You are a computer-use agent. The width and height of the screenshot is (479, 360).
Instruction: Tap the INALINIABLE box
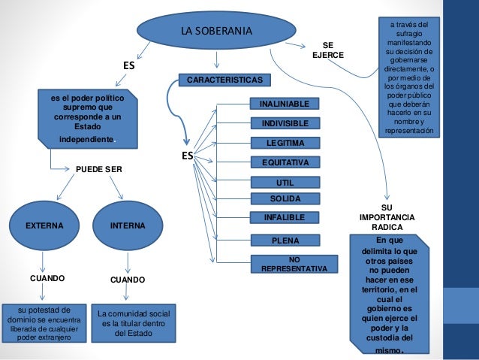285,103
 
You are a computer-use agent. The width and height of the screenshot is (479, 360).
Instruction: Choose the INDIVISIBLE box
285,123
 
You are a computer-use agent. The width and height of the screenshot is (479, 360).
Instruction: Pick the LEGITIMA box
285,142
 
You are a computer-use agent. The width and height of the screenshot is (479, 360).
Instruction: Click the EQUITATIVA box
285,162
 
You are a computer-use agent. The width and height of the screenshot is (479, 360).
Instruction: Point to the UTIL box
285,182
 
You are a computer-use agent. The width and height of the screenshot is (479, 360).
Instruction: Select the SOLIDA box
285,199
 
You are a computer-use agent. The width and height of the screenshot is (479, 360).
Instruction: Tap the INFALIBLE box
285,218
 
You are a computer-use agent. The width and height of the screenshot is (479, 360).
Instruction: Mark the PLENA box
285,241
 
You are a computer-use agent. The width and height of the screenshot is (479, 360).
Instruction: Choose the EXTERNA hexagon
44,225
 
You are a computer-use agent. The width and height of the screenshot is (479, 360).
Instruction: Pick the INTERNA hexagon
128,225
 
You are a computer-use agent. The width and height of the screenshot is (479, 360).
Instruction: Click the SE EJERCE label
328,50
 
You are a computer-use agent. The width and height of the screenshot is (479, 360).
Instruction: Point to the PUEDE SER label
98,170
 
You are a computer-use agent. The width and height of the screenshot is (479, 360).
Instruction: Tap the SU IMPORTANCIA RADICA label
387,216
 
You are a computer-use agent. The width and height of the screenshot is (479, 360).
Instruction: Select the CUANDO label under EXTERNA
47,278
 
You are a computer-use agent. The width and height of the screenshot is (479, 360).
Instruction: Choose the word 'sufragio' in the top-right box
409,34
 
